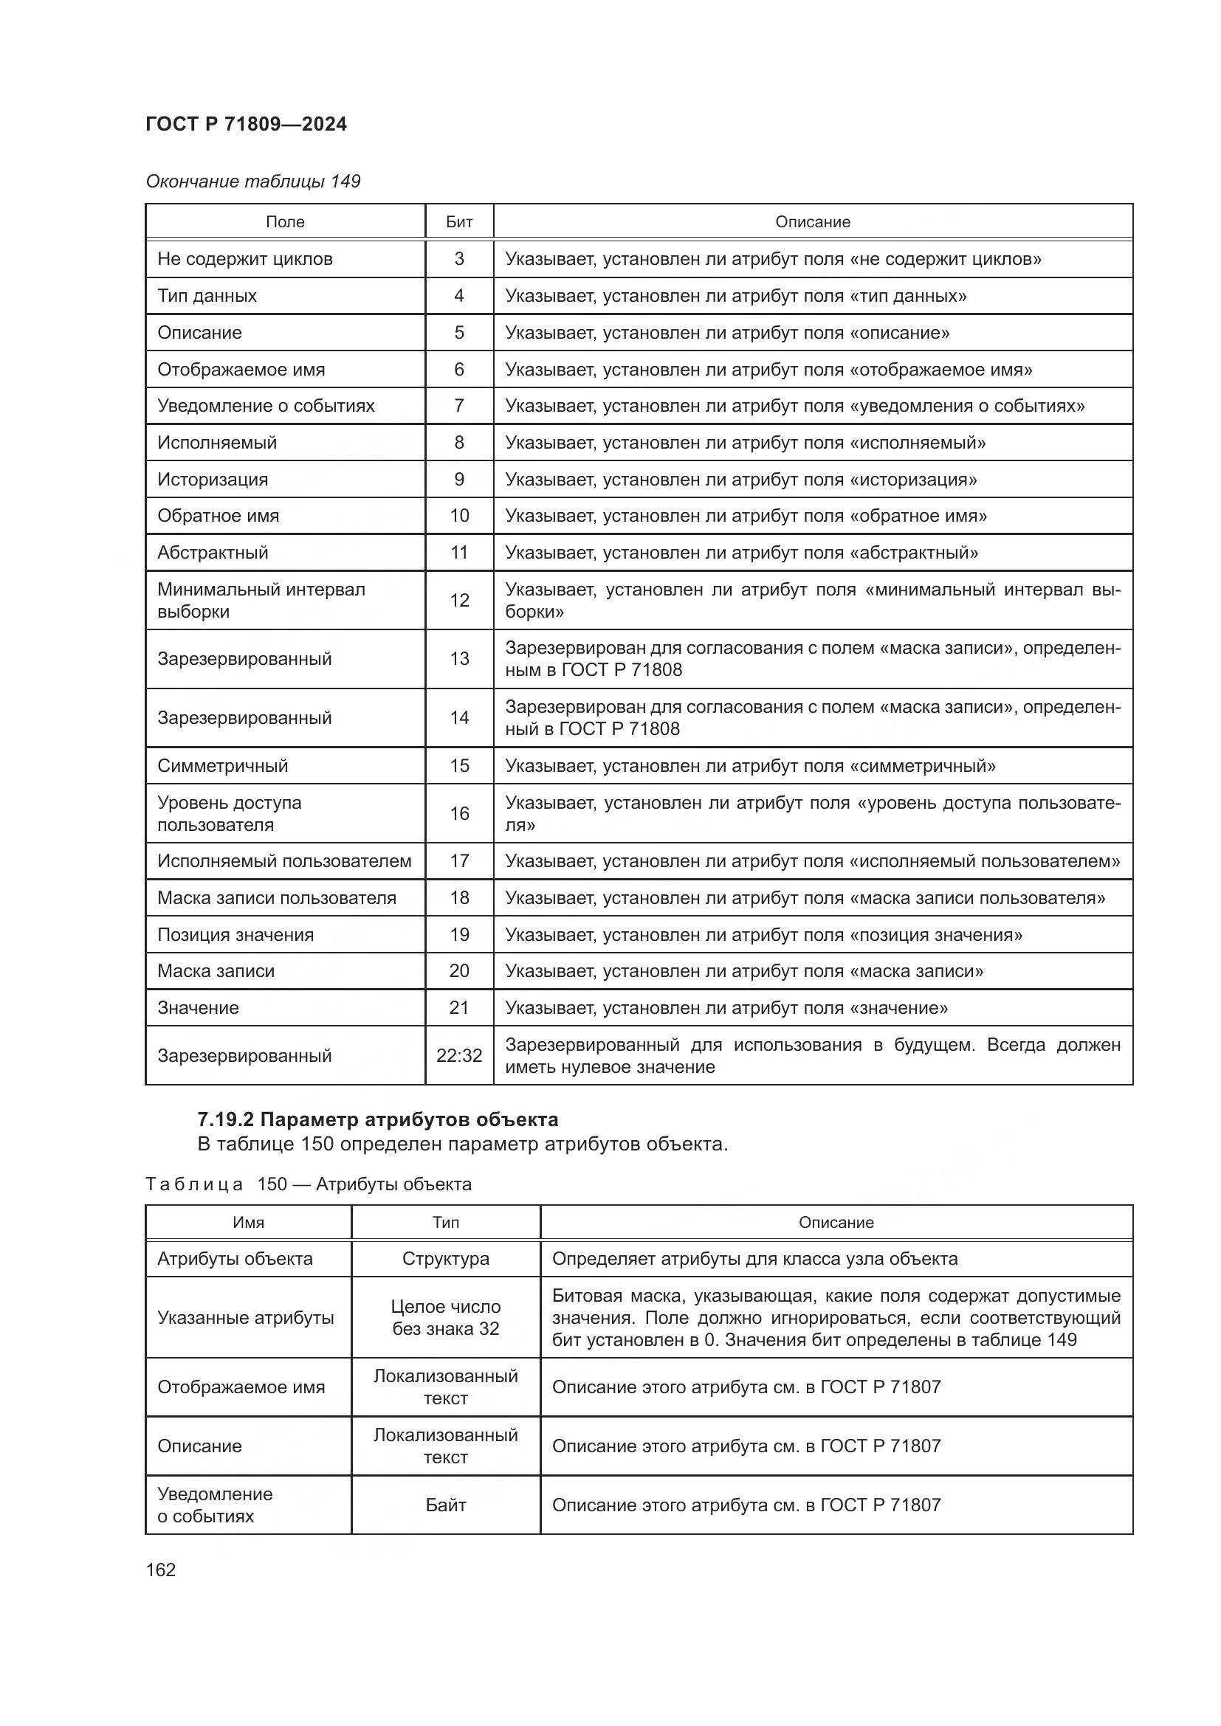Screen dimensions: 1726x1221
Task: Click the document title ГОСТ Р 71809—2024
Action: coord(246,124)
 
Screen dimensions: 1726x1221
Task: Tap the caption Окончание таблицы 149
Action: coord(252,182)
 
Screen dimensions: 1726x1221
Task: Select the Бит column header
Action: coord(458,222)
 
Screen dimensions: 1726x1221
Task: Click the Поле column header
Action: coord(285,222)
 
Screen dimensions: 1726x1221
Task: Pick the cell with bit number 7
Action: coord(458,406)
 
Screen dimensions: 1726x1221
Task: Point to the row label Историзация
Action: coord(213,480)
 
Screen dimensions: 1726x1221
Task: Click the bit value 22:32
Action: coord(458,1055)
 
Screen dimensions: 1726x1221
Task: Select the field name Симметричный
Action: coord(222,765)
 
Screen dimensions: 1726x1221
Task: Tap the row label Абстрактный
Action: coord(213,553)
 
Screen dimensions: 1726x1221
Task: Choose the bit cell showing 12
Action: coord(458,600)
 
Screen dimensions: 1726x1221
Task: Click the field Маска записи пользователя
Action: coord(277,897)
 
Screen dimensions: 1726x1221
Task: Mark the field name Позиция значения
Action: coord(235,934)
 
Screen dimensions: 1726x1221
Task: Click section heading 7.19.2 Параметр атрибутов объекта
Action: coord(377,1119)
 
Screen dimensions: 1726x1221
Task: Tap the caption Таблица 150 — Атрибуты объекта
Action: coord(309,1184)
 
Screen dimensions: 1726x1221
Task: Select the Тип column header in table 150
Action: coord(445,1222)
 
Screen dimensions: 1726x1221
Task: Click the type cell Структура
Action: coord(445,1258)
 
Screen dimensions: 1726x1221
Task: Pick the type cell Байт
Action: coord(445,1505)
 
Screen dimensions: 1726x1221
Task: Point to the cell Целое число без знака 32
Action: coord(445,1317)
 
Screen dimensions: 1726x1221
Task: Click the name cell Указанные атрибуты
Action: coord(245,1317)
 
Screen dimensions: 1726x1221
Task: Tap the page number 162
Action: coord(160,1570)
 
